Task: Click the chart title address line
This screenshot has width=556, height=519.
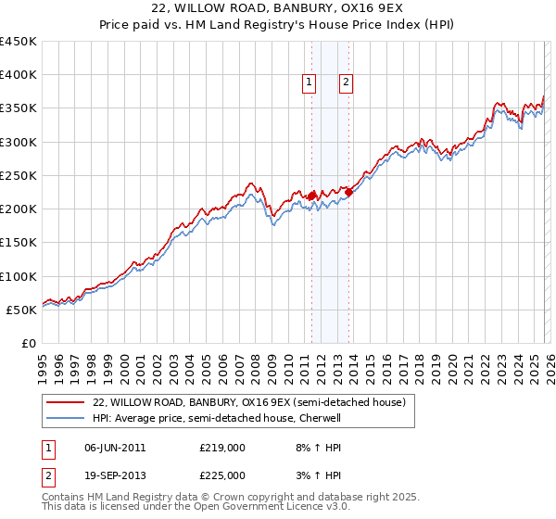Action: pyautogui.click(x=277, y=9)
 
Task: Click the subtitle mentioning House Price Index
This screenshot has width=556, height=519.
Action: pyautogui.click(x=277, y=25)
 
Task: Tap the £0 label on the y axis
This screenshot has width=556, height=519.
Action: pyautogui.click(x=28, y=343)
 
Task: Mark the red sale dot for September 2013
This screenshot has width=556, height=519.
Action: pyautogui.click(x=348, y=193)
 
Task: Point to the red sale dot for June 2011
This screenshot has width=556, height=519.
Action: pyautogui.click(x=311, y=196)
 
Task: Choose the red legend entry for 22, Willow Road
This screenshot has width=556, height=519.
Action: pyautogui.click(x=248, y=403)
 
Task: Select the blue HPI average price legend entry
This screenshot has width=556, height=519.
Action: pyautogui.click(x=217, y=418)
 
